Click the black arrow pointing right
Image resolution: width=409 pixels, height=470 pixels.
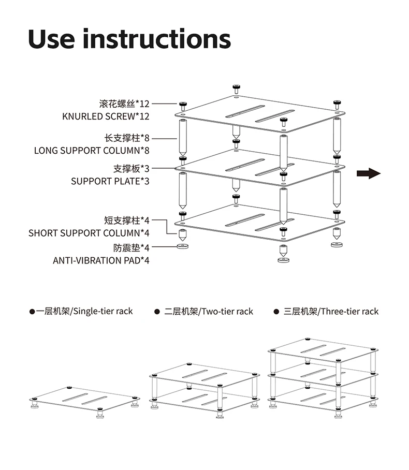click(x=369, y=173)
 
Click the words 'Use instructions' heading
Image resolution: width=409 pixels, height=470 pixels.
click(x=129, y=39)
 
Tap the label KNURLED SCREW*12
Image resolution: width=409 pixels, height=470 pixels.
click(x=106, y=116)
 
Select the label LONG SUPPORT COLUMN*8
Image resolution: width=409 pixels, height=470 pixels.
click(x=92, y=151)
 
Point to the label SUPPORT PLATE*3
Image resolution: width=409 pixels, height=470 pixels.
click(x=110, y=181)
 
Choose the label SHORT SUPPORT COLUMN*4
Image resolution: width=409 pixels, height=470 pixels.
click(x=89, y=233)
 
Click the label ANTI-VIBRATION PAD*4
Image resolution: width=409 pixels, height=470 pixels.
click(x=101, y=260)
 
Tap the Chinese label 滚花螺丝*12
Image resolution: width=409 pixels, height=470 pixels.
click(x=124, y=104)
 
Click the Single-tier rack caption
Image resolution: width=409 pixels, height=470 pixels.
click(x=84, y=311)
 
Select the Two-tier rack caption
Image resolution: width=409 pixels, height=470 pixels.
click(x=209, y=312)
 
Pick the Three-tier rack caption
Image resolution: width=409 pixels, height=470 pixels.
click(x=331, y=312)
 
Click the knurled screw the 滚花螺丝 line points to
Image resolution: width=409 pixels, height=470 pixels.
click(x=183, y=106)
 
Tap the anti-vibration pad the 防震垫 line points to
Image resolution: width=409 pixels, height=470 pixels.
click(x=183, y=246)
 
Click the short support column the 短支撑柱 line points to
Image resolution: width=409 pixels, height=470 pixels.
click(x=182, y=235)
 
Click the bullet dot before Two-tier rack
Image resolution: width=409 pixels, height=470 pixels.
click(x=157, y=312)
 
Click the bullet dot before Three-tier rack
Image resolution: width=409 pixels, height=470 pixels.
click(x=276, y=312)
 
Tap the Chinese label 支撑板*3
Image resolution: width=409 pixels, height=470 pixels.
click(x=131, y=168)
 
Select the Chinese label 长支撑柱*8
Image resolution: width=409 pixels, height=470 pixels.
click(x=126, y=138)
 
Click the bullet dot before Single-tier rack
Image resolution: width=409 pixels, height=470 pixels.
click(x=32, y=312)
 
